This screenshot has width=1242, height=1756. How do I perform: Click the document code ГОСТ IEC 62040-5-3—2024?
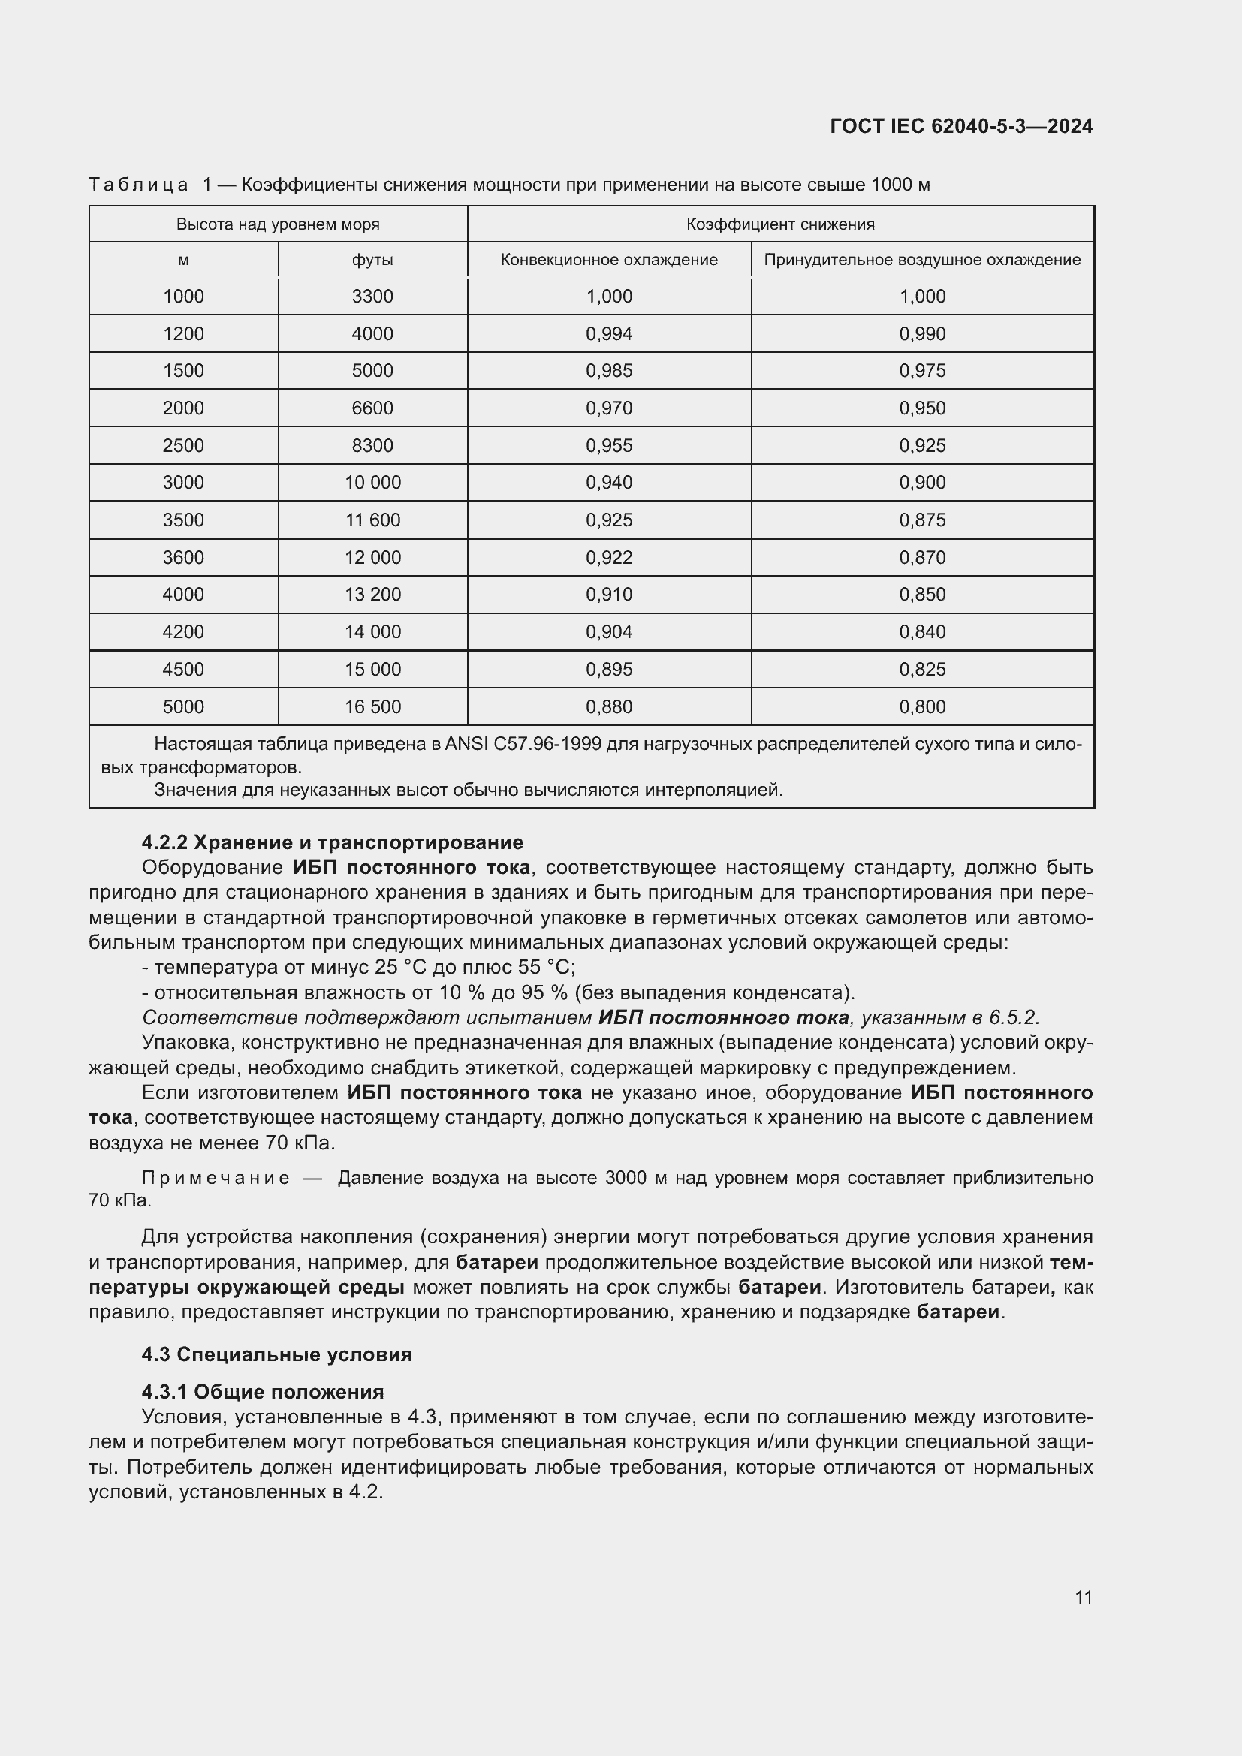(x=961, y=126)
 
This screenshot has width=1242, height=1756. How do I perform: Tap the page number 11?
(x=1083, y=1597)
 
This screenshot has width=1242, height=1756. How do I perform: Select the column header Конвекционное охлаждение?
(x=609, y=260)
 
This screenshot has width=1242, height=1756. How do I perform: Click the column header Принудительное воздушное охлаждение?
(x=922, y=260)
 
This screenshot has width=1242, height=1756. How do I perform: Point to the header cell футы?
(x=372, y=260)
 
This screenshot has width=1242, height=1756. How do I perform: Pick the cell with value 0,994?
(x=609, y=334)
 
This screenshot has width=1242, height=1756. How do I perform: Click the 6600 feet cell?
(x=372, y=408)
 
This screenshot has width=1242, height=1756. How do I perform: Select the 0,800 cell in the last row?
(x=922, y=706)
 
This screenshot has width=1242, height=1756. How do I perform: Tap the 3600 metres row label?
(x=183, y=558)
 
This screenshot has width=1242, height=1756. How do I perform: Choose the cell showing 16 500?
(x=372, y=706)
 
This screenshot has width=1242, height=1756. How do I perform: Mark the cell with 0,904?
(x=609, y=632)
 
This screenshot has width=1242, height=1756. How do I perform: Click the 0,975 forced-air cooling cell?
(x=922, y=371)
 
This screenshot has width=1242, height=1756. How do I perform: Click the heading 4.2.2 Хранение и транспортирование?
(x=333, y=842)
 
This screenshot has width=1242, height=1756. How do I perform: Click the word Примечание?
(x=216, y=1179)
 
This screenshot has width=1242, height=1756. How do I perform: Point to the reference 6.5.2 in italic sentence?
(x=1013, y=1018)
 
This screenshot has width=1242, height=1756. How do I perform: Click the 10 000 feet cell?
(x=372, y=483)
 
